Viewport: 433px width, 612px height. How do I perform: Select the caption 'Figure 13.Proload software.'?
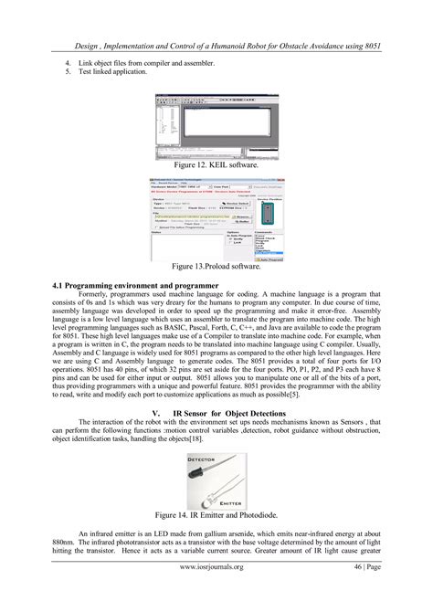(216, 267)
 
